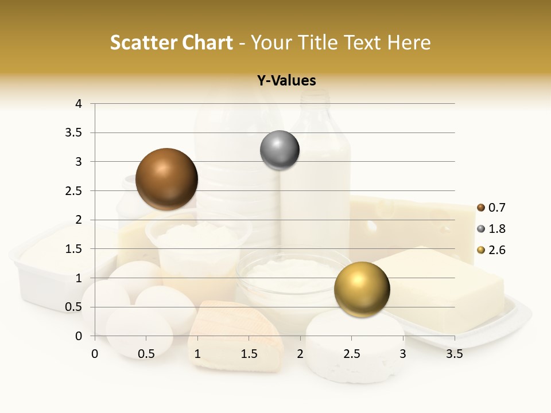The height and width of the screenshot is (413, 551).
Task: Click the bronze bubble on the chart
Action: (x=166, y=179)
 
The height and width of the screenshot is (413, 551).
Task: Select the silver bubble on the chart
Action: (x=280, y=150)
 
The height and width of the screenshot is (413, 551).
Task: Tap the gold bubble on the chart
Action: (x=362, y=289)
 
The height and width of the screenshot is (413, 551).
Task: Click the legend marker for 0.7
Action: (x=481, y=208)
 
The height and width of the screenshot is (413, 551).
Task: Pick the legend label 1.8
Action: (x=497, y=229)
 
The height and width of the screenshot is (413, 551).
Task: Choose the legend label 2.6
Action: (x=497, y=250)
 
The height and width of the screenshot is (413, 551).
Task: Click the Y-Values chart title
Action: (x=286, y=81)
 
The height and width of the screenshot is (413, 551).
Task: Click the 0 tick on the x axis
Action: (x=95, y=354)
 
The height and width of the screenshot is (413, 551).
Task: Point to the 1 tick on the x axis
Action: (x=197, y=354)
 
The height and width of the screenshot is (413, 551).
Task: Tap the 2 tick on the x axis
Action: (x=300, y=354)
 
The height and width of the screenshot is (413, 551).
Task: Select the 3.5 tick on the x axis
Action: (x=454, y=354)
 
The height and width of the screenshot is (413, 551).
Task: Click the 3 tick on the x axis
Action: (x=403, y=354)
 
